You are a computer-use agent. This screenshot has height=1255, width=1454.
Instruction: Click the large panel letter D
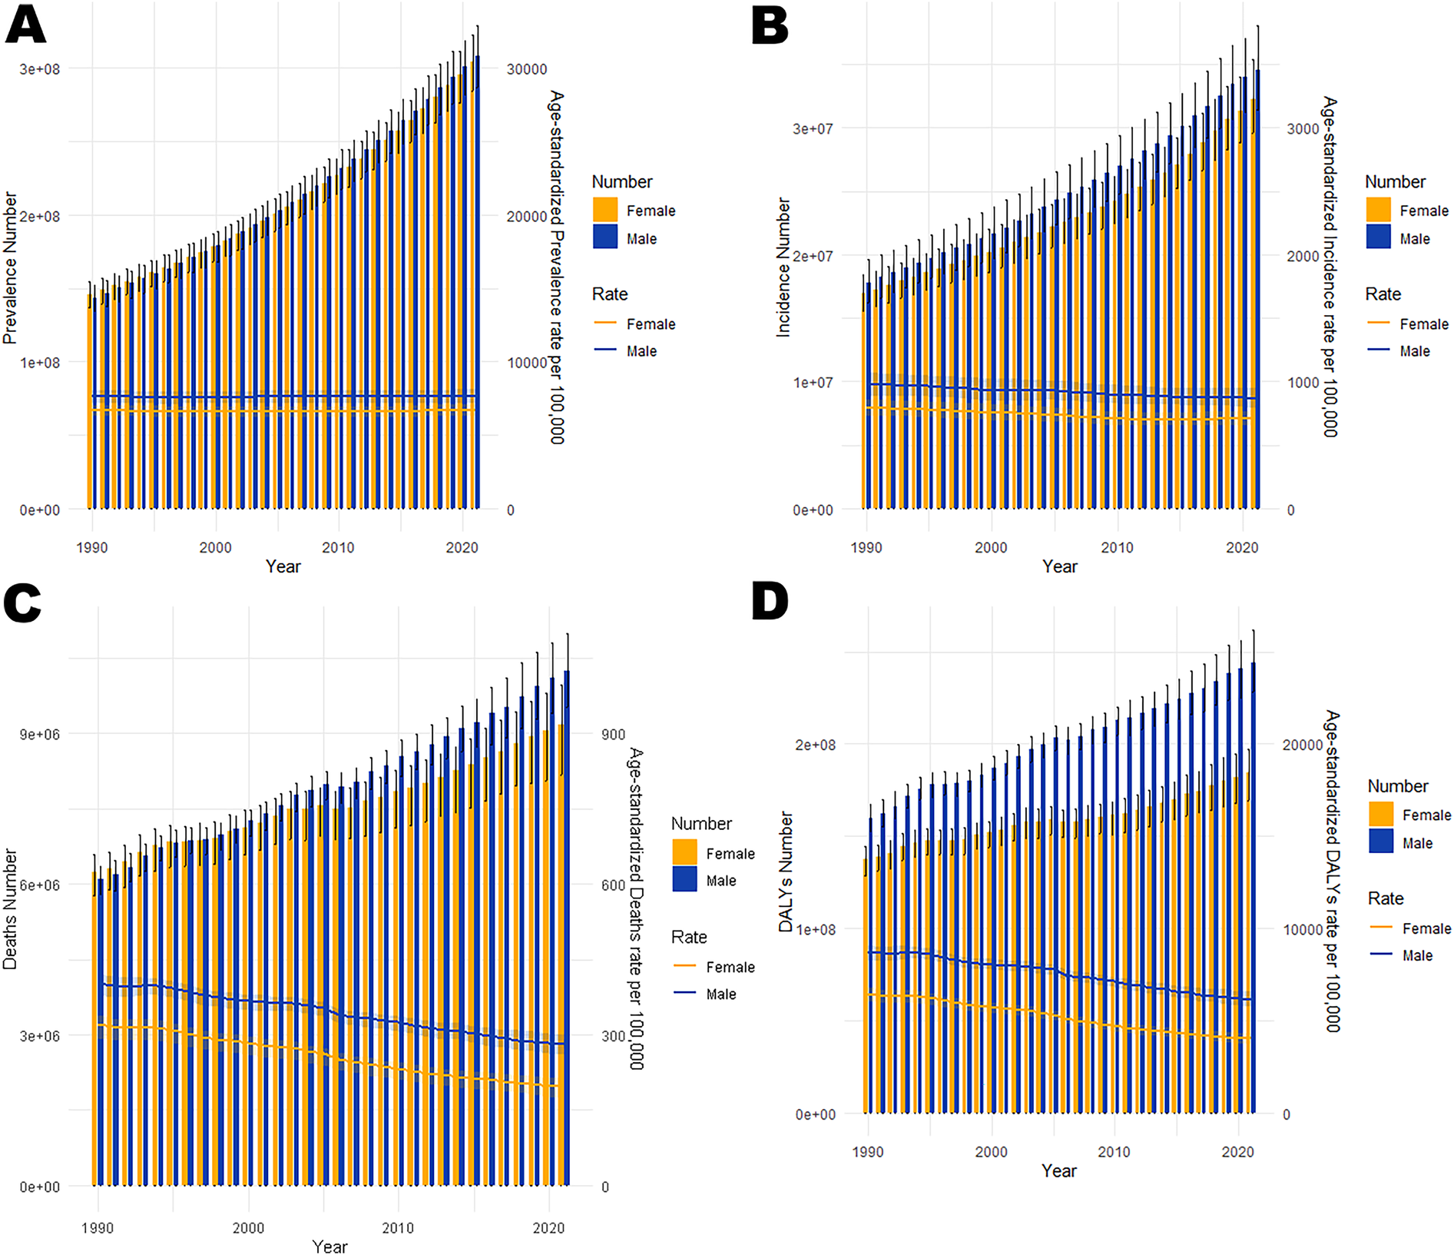point(770,601)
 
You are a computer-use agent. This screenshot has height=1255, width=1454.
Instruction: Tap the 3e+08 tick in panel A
point(40,69)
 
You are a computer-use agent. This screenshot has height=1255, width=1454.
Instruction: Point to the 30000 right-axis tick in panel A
point(527,69)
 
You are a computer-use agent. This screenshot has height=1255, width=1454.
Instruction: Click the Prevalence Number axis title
point(9,267)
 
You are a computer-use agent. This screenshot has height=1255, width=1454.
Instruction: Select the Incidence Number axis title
point(783,267)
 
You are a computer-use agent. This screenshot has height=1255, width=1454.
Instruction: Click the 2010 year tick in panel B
point(1117,547)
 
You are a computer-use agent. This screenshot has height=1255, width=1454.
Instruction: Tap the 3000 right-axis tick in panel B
point(1303,129)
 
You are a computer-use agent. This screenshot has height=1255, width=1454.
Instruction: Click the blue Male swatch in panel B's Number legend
point(1379,237)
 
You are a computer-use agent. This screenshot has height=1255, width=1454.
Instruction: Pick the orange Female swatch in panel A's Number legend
point(605,210)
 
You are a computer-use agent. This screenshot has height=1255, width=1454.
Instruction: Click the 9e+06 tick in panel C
point(40,734)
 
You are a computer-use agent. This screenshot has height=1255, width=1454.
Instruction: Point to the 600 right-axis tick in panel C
point(613,885)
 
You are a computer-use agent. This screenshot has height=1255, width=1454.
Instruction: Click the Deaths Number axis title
point(9,908)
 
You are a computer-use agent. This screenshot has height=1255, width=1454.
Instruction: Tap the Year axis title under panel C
point(330,1247)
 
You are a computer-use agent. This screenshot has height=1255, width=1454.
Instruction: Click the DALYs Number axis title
point(785,872)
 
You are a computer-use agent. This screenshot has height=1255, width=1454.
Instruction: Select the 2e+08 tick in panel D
point(816,745)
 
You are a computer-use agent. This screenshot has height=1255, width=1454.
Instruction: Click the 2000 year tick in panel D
point(991,1152)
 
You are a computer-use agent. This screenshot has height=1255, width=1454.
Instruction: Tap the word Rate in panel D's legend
point(1386,898)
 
